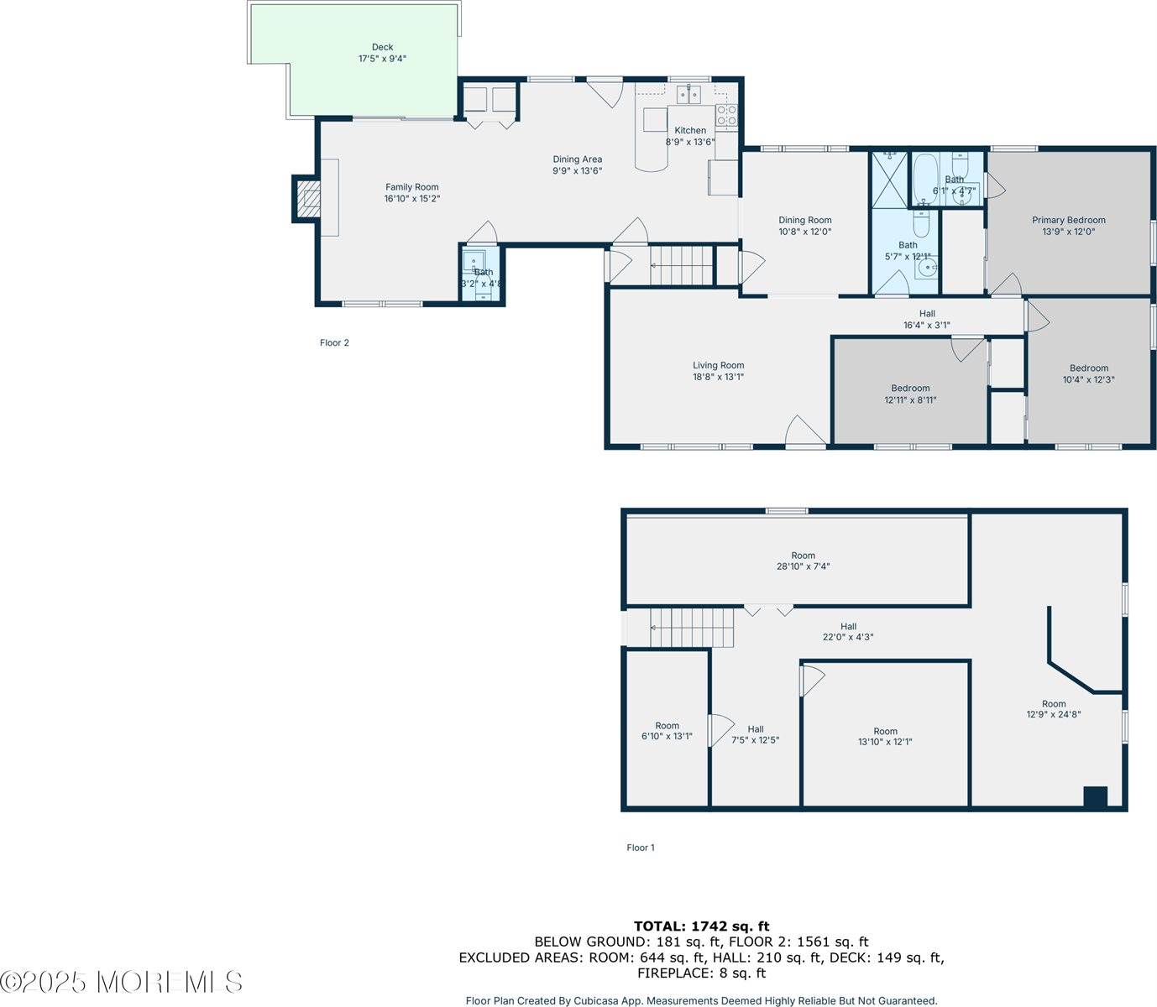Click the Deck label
click(382, 53)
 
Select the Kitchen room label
click(690, 130)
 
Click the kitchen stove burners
click(726, 115)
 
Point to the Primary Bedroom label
click(1068, 221)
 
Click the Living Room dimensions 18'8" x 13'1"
click(718, 377)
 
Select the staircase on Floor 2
click(681, 265)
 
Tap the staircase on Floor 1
click(692, 628)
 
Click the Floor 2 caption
click(334, 342)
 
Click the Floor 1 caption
click(641, 848)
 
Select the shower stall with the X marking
click(890, 178)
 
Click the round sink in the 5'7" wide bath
click(927, 269)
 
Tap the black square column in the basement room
click(1095, 796)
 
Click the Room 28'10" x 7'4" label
click(803, 561)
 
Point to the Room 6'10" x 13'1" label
click(667, 731)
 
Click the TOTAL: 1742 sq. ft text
click(701, 926)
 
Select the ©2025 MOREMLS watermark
click(122, 982)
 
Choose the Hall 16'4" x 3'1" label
click(926, 319)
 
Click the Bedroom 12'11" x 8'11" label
click(910, 394)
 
